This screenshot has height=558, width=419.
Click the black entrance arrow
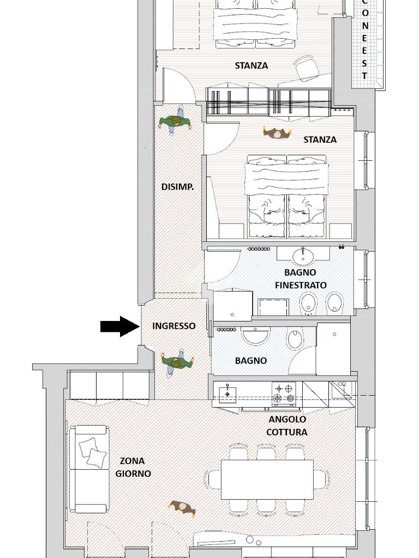point(119,326)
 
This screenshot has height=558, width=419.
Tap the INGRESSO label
point(174,326)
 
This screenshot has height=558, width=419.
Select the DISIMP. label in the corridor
point(177,187)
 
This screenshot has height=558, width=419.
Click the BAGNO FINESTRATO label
point(301,278)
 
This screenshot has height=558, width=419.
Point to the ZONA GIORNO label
point(133,467)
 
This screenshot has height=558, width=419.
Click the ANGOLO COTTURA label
point(287,426)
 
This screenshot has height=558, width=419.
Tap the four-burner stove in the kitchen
point(284,393)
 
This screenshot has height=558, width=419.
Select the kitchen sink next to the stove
point(228,393)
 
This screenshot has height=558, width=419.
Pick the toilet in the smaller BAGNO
point(295,339)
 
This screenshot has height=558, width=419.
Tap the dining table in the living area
point(267,480)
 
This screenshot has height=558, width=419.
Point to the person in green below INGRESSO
point(177,362)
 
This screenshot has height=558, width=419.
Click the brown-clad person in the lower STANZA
point(277,133)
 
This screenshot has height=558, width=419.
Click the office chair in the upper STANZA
point(307,68)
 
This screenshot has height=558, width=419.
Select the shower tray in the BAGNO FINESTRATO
point(273,307)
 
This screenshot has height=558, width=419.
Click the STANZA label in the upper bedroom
point(252,65)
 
